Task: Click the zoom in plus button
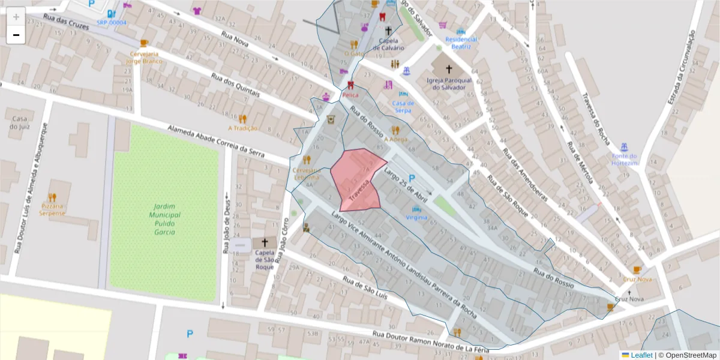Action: pyautogui.click(x=16, y=16)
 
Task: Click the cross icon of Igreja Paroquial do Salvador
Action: pyautogui.click(x=449, y=69)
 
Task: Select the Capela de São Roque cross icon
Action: pyautogui.click(x=265, y=242)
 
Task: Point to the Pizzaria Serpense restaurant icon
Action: pyautogui.click(x=52, y=197)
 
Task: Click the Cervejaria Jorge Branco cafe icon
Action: pyautogui.click(x=143, y=43)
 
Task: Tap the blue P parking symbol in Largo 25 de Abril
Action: pyautogui.click(x=412, y=178)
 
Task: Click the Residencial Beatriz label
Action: pyautogui.click(x=461, y=43)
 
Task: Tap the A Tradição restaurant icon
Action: pyautogui.click(x=242, y=119)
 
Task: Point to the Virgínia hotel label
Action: pyautogui.click(x=416, y=217)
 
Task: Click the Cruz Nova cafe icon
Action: pyautogui.click(x=637, y=270)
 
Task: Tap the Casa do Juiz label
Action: pyautogui.click(x=19, y=122)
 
